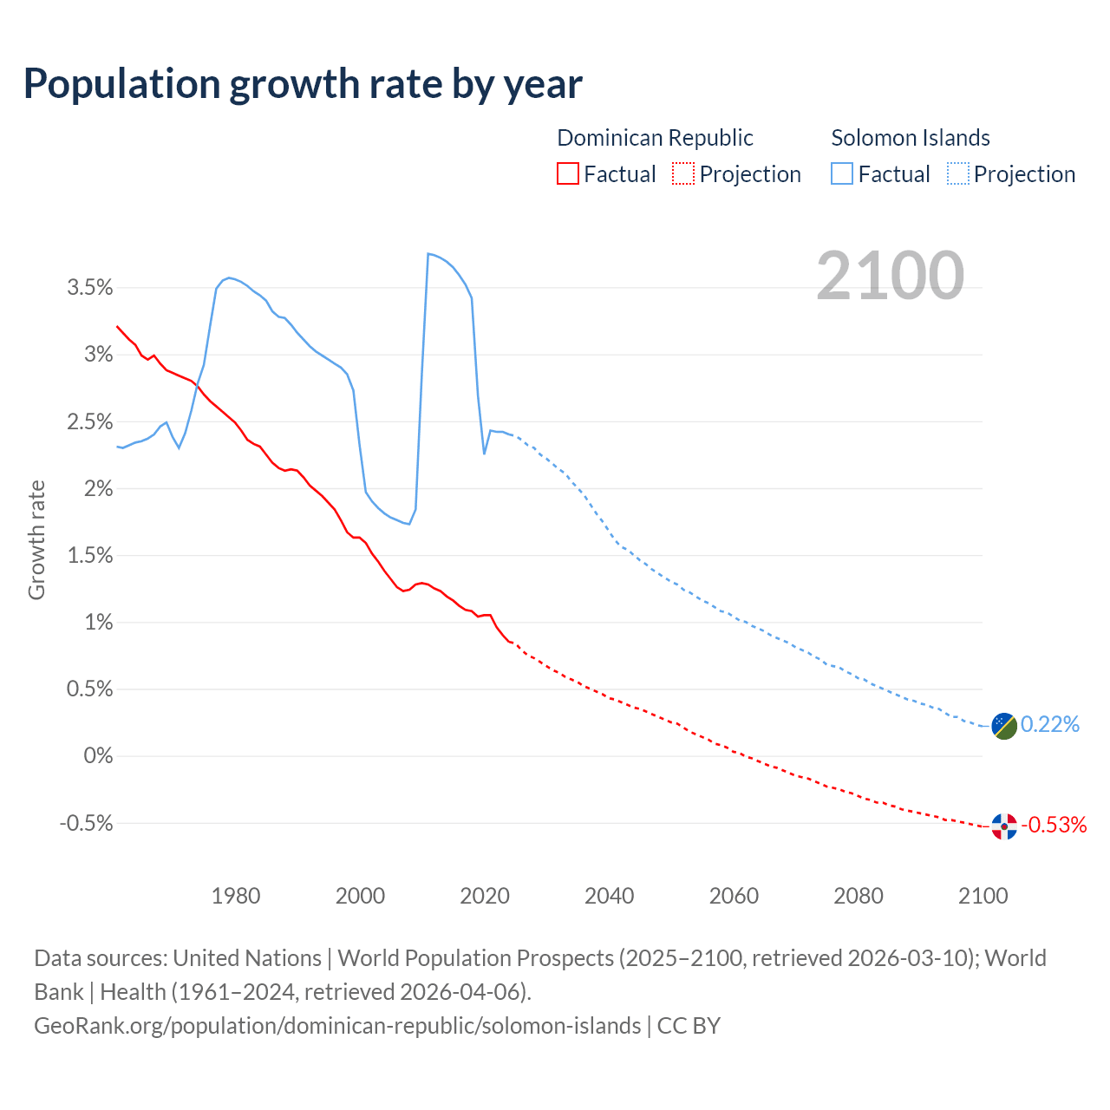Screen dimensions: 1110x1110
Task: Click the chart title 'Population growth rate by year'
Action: pyautogui.click(x=303, y=84)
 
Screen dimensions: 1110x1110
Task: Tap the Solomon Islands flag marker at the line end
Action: pyautogui.click(x=1004, y=726)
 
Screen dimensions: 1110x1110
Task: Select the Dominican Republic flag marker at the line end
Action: pyautogui.click(x=1004, y=827)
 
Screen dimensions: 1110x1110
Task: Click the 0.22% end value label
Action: pyautogui.click(x=1050, y=724)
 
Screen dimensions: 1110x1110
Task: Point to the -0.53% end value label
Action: pyautogui.click(x=1054, y=825)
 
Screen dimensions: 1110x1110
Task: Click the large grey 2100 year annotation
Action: pyautogui.click(x=890, y=276)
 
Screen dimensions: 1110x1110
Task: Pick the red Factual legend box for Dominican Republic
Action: pyautogui.click(x=567, y=173)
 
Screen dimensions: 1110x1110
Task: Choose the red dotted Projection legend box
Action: pyautogui.click(x=683, y=173)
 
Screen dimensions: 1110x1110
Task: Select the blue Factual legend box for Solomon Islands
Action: pyautogui.click(x=841, y=173)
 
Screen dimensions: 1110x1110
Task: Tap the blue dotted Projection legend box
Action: pyautogui.click(x=957, y=173)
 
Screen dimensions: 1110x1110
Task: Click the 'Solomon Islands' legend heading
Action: pyautogui.click(x=911, y=138)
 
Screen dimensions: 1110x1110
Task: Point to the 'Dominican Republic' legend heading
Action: pyautogui.click(x=655, y=138)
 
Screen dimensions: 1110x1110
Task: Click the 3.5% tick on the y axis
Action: pyautogui.click(x=90, y=288)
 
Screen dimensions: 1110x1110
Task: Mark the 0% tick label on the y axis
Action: pyautogui.click(x=98, y=756)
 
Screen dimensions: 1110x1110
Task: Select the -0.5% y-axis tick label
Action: pyautogui.click(x=86, y=823)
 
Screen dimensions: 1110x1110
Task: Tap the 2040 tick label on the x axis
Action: pyautogui.click(x=610, y=896)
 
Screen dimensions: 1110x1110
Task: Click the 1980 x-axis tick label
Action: pyautogui.click(x=236, y=896)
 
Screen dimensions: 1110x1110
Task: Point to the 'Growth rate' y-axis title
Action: pyautogui.click(x=36, y=539)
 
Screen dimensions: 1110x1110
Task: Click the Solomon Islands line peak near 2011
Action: pyautogui.click(x=428, y=254)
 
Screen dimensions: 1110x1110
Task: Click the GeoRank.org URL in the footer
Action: pyautogui.click(x=337, y=1026)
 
